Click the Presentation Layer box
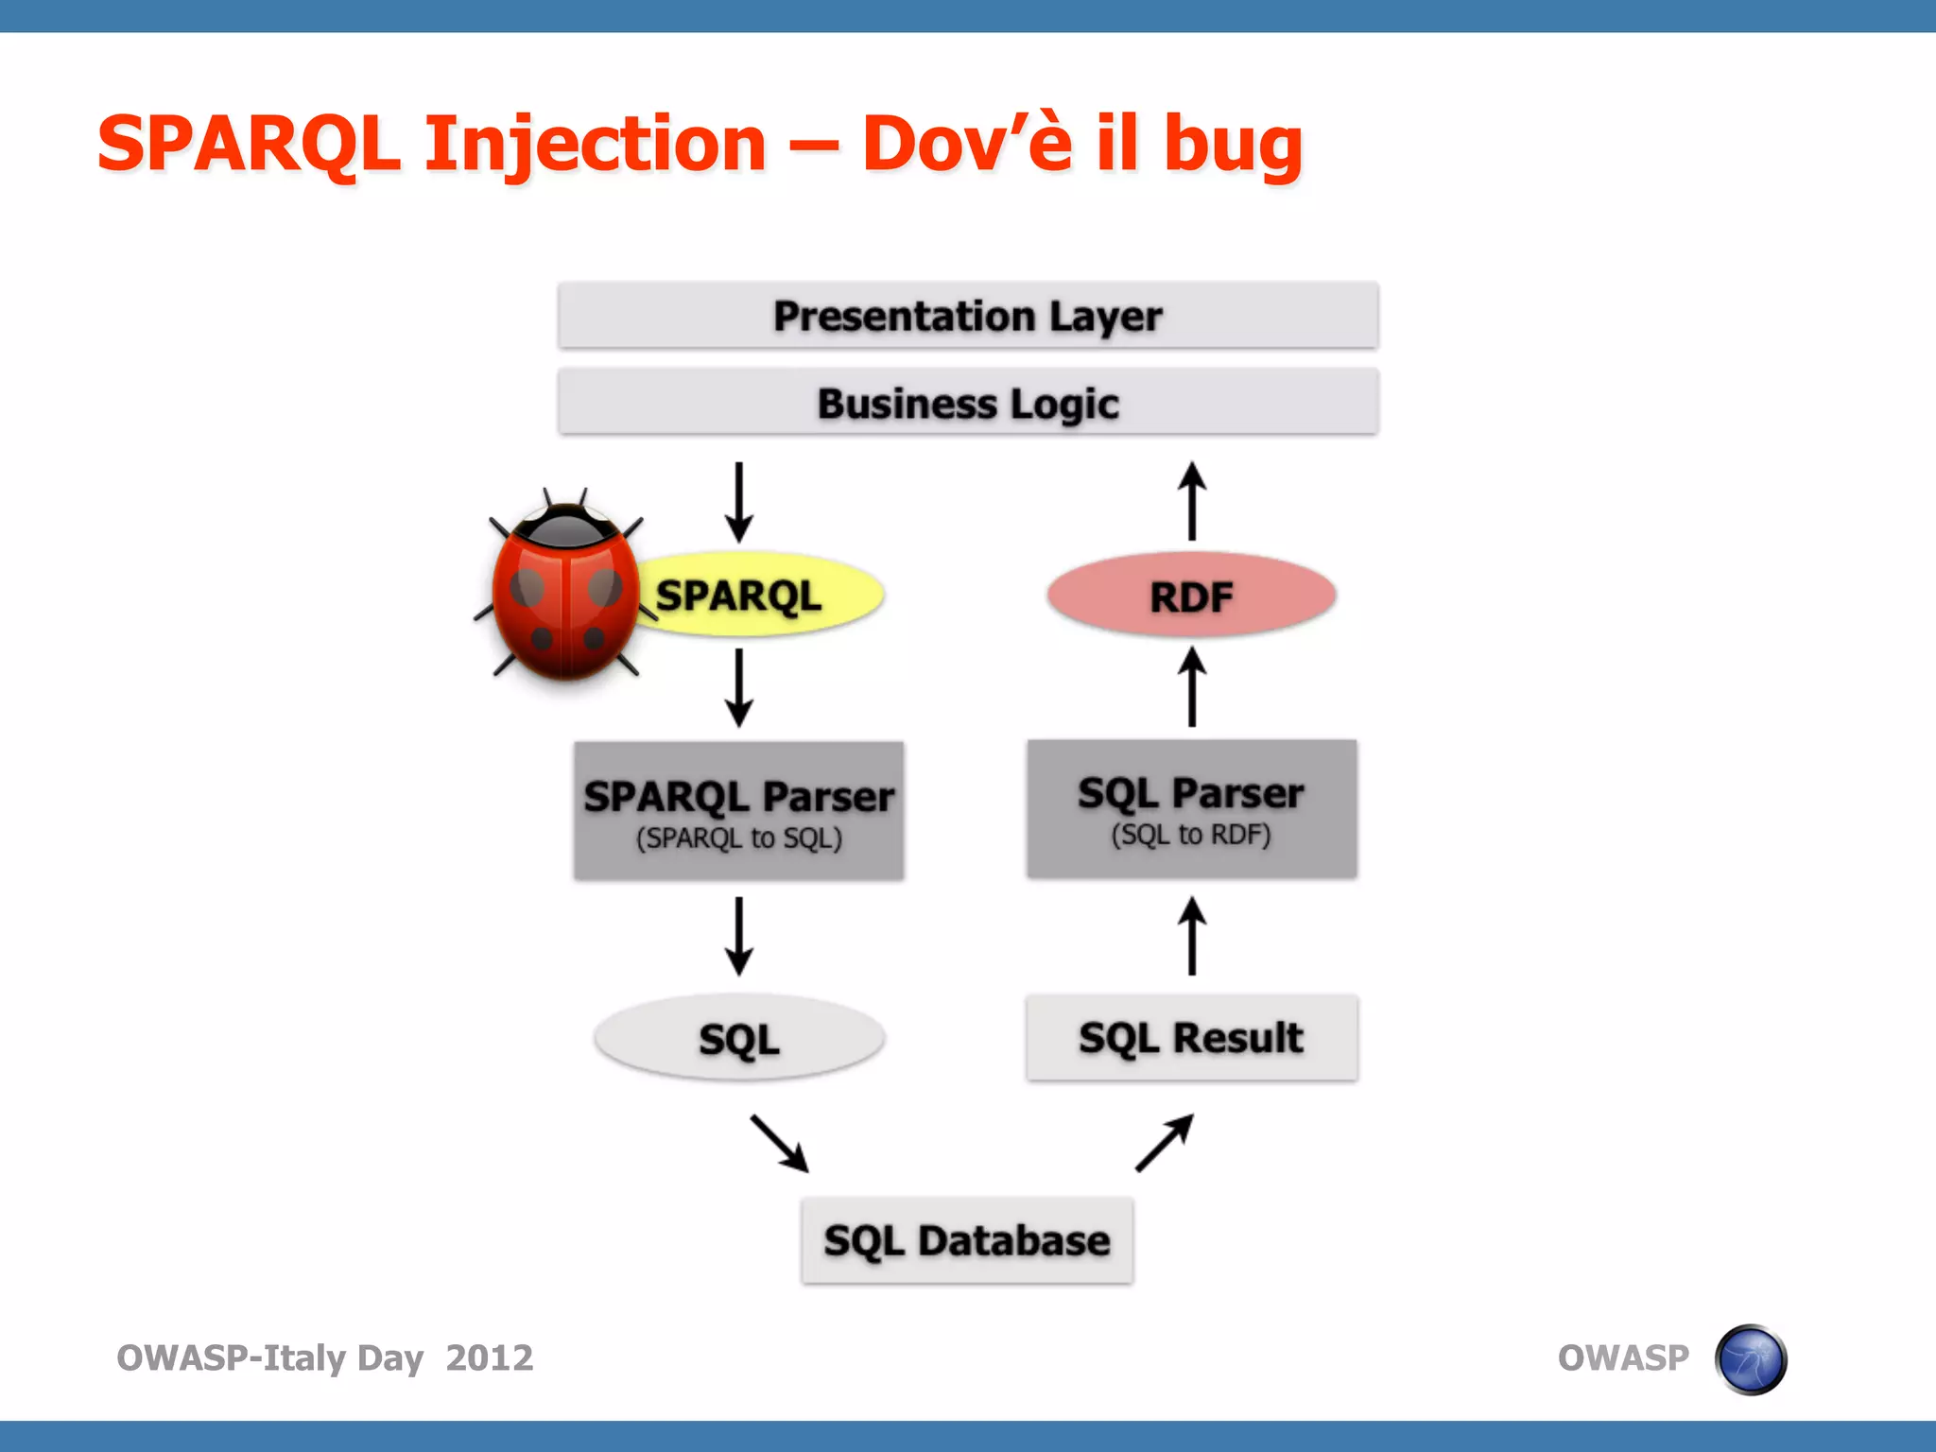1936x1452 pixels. tap(967, 316)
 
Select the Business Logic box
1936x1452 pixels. tap(967, 403)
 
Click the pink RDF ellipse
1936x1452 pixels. tap(1191, 596)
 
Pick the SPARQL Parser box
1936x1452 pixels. tap(738, 811)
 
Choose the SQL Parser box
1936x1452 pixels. tap(1191, 809)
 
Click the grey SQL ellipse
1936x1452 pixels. tap(738, 1038)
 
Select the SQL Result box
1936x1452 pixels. tap(1191, 1037)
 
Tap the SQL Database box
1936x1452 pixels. tap(966, 1240)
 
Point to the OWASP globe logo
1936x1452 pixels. tap(1751, 1358)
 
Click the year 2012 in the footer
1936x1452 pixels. tap(489, 1357)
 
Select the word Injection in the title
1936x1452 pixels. tap(596, 144)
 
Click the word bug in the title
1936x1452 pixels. tap(1233, 144)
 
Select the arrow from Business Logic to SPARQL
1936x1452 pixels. tap(738, 501)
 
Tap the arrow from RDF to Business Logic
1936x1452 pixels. tap(1191, 501)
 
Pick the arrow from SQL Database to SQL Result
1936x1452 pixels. tap(1165, 1143)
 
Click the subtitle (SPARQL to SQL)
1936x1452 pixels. tap(738, 838)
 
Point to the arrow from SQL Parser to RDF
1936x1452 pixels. tap(1191, 686)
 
